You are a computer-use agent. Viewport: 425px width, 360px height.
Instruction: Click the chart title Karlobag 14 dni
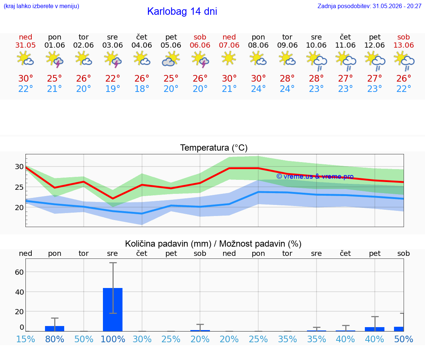click(x=182, y=11)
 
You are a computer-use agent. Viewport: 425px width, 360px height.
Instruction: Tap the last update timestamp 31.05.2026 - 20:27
click(x=397, y=6)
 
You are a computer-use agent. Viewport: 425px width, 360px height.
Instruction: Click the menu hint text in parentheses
click(x=41, y=6)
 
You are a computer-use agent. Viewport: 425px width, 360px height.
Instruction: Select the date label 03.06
click(x=113, y=45)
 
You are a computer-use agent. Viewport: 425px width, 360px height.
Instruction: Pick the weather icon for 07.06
click(x=229, y=58)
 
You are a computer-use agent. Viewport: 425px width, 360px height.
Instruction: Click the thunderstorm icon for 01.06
click(x=55, y=59)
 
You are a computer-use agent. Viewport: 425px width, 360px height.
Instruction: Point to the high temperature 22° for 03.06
click(x=113, y=79)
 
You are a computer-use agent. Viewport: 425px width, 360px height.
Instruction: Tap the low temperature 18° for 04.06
click(x=142, y=89)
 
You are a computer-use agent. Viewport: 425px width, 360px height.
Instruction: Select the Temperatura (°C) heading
click(x=214, y=148)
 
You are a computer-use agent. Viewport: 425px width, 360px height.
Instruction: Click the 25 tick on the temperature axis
click(x=19, y=187)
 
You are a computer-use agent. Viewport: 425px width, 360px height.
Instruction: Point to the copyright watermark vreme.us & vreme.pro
click(x=315, y=176)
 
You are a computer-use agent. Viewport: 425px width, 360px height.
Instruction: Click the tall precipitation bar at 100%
click(x=113, y=309)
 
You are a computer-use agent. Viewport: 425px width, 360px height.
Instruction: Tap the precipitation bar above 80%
click(x=55, y=329)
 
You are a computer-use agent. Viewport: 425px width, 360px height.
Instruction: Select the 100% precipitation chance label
click(x=113, y=339)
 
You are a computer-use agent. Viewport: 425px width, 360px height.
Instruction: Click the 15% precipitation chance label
click(x=25, y=339)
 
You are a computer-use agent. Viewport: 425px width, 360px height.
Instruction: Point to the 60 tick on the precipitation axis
click(x=19, y=272)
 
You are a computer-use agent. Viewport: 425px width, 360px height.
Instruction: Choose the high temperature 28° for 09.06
click(x=287, y=79)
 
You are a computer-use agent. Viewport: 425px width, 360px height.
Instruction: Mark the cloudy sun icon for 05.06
click(x=171, y=59)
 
